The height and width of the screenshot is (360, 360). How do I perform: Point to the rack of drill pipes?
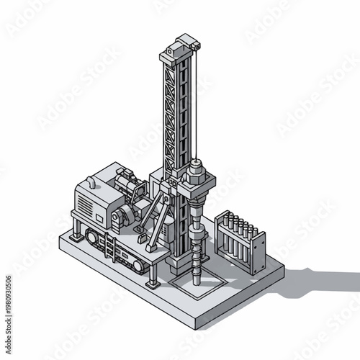[x=240, y=241]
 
